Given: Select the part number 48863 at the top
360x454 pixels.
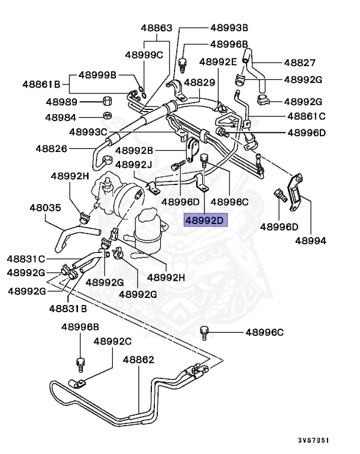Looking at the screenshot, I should (157, 28).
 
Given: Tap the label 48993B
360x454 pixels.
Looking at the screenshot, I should (229, 28).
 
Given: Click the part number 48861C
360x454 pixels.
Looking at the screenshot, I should (307, 116).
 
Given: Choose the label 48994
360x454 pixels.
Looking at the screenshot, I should (311, 241).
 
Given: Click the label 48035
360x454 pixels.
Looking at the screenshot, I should (45, 207).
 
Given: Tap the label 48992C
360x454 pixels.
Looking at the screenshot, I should (112, 341).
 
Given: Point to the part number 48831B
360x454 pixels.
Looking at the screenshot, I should (68, 308).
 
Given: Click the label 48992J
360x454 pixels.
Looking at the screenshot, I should (134, 164).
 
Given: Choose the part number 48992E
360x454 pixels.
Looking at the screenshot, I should (218, 61).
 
